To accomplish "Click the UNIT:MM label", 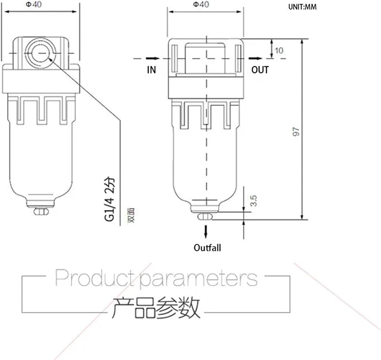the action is [302, 6].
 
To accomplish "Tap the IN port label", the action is [151, 70].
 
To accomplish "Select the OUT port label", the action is [260, 70].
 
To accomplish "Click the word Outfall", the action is [207, 248].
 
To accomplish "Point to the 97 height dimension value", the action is [296, 132].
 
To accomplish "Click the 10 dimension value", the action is [279, 51].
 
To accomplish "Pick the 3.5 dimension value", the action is [253, 201].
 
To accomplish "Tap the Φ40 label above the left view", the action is [34, 4].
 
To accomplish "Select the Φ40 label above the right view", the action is [201, 4].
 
